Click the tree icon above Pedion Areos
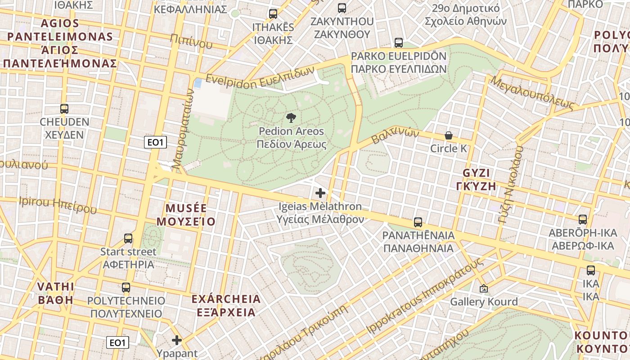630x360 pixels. [x=291, y=118]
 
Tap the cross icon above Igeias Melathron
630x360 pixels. [x=320, y=193]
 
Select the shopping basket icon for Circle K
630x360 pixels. [x=449, y=135]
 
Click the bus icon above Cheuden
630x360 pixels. [x=64, y=108]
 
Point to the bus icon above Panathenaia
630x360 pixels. [x=418, y=222]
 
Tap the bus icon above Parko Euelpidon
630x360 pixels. [x=399, y=43]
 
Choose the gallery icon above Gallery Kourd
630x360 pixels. [x=484, y=288]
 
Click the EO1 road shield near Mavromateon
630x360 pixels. [x=156, y=143]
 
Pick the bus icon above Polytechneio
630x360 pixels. [x=126, y=287]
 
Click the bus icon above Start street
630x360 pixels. [x=128, y=238]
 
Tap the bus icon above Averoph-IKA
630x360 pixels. [x=583, y=220]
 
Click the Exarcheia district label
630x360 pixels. [x=226, y=305]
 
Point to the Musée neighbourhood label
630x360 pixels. [x=190, y=215]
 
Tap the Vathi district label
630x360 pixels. [x=55, y=293]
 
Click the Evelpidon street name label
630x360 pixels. [x=260, y=77]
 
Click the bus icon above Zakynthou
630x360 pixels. [x=342, y=8]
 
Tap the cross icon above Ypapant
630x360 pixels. [x=177, y=340]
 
